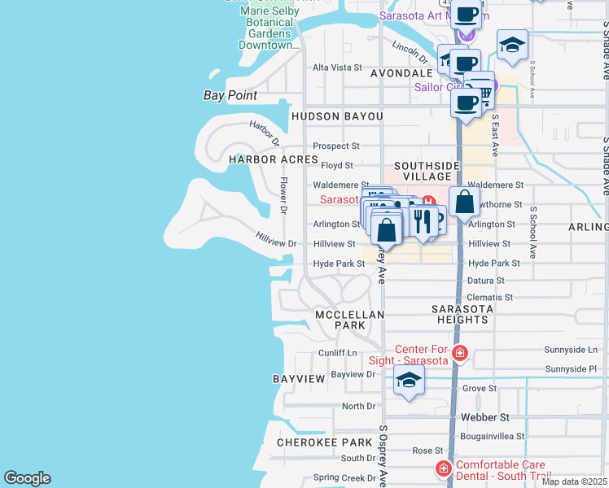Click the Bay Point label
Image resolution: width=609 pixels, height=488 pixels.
pyautogui.click(x=230, y=95)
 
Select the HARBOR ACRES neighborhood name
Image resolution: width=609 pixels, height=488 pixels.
pyautogui.click(x=273, y=159)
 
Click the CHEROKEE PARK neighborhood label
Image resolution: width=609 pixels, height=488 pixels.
pyautogui.click(x=324, y=443)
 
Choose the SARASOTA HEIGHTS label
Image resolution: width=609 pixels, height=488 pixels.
pyautogui.click(x=462, y=314)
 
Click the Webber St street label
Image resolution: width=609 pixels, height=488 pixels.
pyautogui.click(x=484, y=417)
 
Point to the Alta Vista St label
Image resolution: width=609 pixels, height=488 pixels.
pyautogui.click(x=337, y=68)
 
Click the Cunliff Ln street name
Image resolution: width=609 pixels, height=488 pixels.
pyautogui.click(x=337, y=352)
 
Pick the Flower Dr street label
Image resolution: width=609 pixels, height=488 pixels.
pyautogui.click(x=284, y=195)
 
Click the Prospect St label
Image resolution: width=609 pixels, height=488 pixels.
pyautogui.click(x=337, y=146)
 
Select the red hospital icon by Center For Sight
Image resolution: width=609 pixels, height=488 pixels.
pyautogui.click(x=460, y=352)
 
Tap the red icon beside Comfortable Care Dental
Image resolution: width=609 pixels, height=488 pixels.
pyautogui.click(x=443, y=469)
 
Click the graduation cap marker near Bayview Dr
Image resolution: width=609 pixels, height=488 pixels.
pyautogui.click(x=409, y=380)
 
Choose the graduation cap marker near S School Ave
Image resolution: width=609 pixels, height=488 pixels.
pyautogui.click(x=512, y=46)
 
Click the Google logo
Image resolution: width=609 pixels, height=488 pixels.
pyautogui.click(x=27, y=478)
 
